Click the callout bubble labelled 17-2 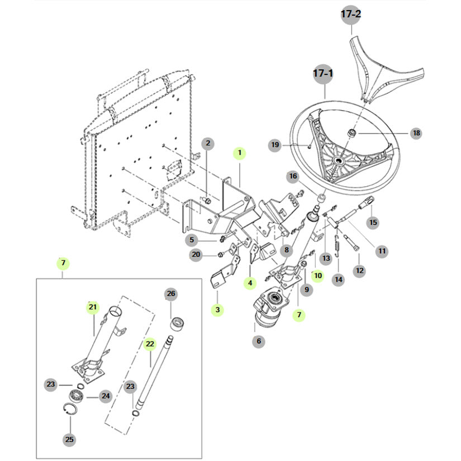tap(351, 16)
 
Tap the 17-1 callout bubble tap(323, 74)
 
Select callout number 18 tap(416, 133)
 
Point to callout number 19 tap(275, 145)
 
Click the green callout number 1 tap(240, 152)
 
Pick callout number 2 tap(207, 143)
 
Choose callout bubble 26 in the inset tap(171, 294)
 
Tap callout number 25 tap(69, 439)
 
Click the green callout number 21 tap(93, 307)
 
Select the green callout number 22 tap(149, 344)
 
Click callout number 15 tap(373, 222)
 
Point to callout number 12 tap(359, 270)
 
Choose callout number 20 tap(196, 255)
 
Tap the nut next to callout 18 tap(353, 133)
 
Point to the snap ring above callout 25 tap(70, 412)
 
